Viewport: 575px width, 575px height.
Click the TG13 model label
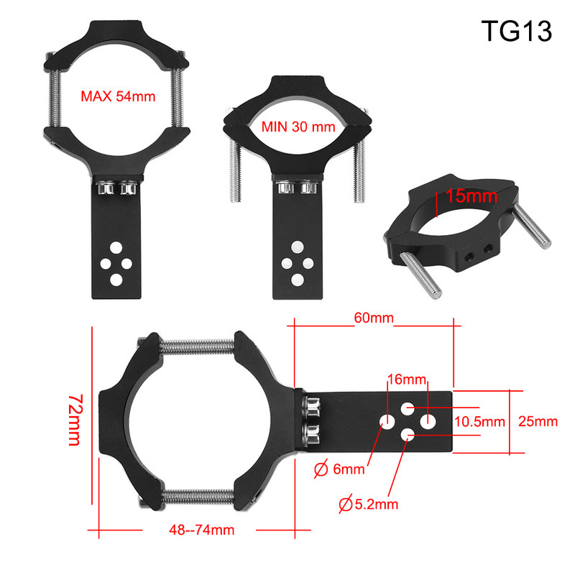click(x=515, y=31)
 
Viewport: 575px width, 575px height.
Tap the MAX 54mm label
click(x=116, y=96)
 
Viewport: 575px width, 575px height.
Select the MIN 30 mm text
click(x=298, y=127)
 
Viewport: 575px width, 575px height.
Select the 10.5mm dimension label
click(x=480, y=422)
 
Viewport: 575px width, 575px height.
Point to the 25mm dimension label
click(x=538, y=422)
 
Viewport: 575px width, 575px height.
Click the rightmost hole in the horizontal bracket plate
click(x=428, y=422)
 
